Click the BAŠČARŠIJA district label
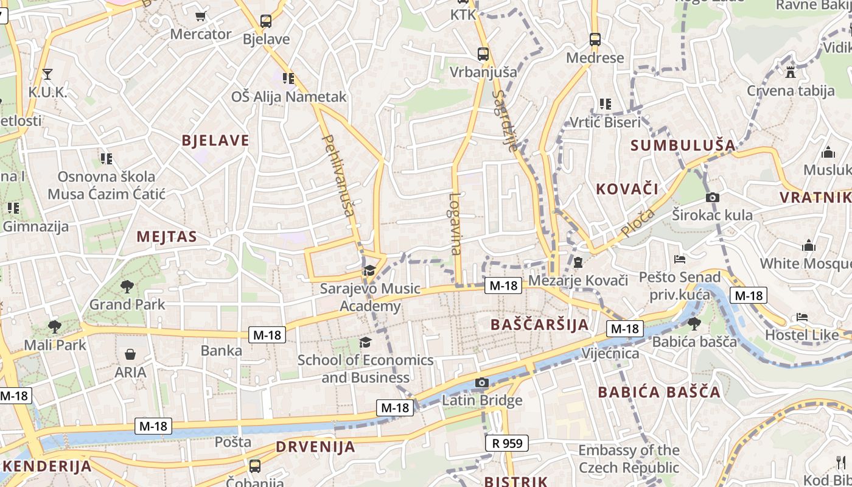[x=540, y=324]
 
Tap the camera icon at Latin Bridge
[x=482, y=383]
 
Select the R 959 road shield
[x=507, y=443]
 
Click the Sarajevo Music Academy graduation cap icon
[x=369, y=270]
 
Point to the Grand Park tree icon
[x=127, y=286]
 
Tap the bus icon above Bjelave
[x=266, y=21]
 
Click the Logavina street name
[x=455, y=223]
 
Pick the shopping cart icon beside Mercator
[x=200, y=16]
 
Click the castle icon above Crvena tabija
[x=791, y=72]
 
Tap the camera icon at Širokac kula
[x=712, y=197]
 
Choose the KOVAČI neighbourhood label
[x=627, y=189]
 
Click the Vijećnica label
[x=610, y=354]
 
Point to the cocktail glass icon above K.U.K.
[x=47, y=74]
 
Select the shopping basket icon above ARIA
[x=130, y=354]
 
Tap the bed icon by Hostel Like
[x=802, y=317]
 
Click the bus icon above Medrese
[x=595, y=40]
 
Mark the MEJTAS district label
[x=167, y=237]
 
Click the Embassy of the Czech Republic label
[x=629, y=459]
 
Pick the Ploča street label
[x=638, y=223]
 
